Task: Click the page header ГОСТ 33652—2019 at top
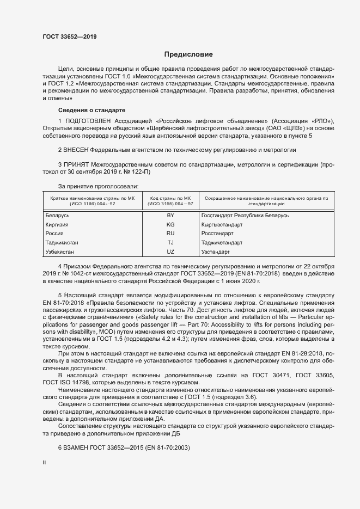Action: pyautogui.click(x=70, y=37)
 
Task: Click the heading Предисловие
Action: pyautogui.click(x=188, y=54)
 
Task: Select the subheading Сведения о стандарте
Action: pyautogui.click(x=83, y=110)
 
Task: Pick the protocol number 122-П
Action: pyautogui.click(x=139, y=171)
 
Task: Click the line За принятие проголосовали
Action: pyautogui.click(x=90, y=186)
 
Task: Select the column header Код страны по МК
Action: pyautogui.click(x=169, y=198)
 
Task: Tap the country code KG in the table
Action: pyautogui.click(x=170, y=224)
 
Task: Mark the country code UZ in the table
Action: pyautogui.click(x=170, y=252)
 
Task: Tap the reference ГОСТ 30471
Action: pyautogui.click(x=272, y=376)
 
